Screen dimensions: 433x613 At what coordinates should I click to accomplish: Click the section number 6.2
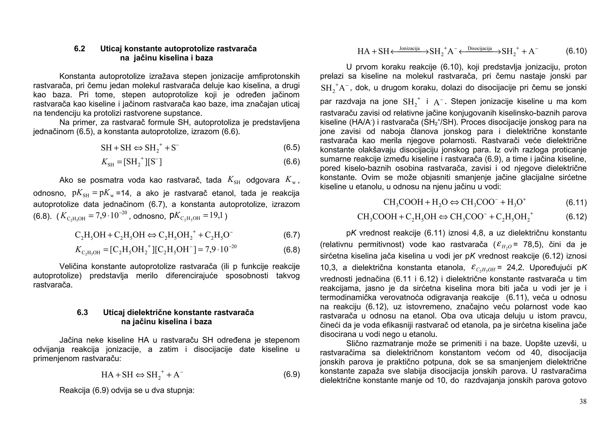pos(79,49)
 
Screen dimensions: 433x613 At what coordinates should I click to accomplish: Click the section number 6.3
pos(82,312)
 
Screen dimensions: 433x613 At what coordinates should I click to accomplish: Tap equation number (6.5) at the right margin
pos(291,147)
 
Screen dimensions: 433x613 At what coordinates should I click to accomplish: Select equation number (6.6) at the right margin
pos(291,162)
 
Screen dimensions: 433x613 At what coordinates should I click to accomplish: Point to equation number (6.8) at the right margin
pos(291,250)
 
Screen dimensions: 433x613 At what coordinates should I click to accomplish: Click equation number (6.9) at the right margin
pos(291,374)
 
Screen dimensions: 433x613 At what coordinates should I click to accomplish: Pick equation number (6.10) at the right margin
pos(576,51)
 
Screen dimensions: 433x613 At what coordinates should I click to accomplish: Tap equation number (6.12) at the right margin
pos(576,217)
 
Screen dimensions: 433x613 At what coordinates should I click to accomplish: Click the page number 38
pos(583,402)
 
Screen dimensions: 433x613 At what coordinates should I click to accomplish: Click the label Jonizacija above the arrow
pos(409,48)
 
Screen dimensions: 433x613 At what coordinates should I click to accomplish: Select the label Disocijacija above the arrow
pos(480,48)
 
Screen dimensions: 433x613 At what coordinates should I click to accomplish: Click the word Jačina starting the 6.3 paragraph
pos(71,340)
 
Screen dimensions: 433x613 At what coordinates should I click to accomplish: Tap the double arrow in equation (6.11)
pos(454,203)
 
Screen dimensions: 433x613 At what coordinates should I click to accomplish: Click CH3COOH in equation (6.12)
pos(377,217)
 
